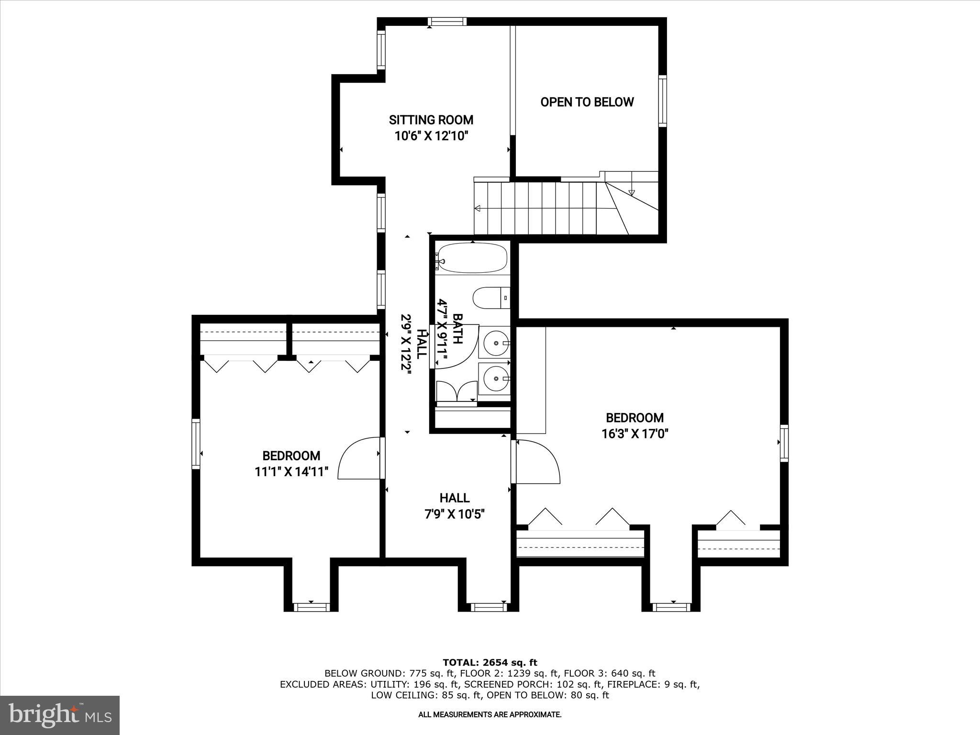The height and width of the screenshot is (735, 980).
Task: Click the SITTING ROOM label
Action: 431,120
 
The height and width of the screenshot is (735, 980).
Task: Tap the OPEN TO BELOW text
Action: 587,102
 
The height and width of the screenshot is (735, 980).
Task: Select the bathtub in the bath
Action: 472,258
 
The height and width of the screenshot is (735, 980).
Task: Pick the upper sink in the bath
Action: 495,343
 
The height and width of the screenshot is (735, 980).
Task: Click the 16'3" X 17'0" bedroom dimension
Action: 635,434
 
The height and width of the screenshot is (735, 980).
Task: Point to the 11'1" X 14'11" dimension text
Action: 291,472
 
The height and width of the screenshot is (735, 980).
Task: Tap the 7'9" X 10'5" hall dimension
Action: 455,514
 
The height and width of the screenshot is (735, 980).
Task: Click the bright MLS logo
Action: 60,715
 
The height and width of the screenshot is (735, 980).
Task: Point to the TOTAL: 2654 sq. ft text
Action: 490,663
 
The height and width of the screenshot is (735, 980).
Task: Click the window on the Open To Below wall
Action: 663,101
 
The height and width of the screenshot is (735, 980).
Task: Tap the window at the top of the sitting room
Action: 447,22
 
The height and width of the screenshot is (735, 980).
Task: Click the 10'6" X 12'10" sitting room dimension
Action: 431,136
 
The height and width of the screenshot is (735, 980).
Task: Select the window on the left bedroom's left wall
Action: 196,443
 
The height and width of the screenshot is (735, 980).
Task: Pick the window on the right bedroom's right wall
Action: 784,443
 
